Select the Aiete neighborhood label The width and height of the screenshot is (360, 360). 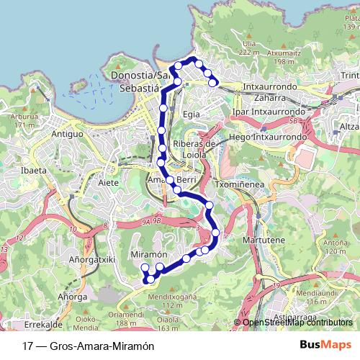pos(108,184)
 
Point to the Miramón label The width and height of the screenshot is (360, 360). pos(149,255)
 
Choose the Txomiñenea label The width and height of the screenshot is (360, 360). pos(236,184)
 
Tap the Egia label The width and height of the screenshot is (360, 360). pos(191,113)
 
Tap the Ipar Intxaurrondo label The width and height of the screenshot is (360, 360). pos(270,112)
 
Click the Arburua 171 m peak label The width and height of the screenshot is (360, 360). pos(24,120)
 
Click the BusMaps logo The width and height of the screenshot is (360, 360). pos(326,346)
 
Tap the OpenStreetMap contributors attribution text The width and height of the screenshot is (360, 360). pos(297,323)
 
